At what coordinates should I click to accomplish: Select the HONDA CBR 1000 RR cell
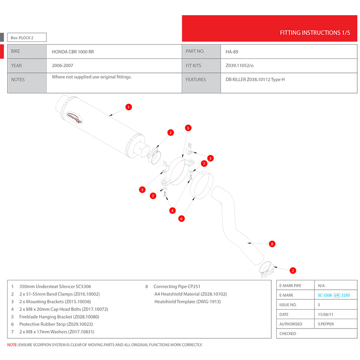(73, 52)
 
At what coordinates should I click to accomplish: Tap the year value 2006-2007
(63, 66)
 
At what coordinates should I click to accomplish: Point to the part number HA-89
(232, 52)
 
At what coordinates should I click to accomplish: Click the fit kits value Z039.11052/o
(239, 66)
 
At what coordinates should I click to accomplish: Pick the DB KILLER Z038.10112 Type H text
(255, 80)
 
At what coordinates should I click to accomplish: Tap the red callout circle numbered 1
(129, 107)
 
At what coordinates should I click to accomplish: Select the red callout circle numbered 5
(188, 128)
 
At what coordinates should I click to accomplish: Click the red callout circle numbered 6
(181, 219)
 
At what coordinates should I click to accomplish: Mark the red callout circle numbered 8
(271, 244)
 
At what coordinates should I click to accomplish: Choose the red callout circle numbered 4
(172, 210)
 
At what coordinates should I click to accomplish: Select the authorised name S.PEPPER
(325, 324)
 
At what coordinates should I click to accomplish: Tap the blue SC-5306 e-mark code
(324, 295)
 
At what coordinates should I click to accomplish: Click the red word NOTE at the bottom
(12, 345)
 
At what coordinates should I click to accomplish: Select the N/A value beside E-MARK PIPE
(321, 286)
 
